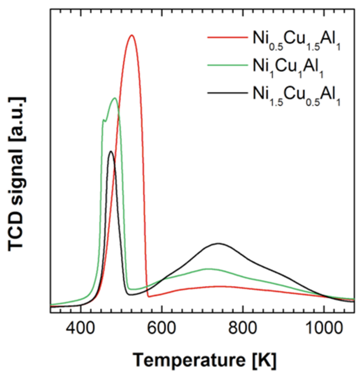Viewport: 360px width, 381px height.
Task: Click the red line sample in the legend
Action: pos(227,37)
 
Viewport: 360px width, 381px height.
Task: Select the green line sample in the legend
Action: pos(227,65)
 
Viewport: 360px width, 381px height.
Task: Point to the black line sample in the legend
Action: pos(227,92)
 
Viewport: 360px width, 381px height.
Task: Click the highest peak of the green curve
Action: pos(115,98)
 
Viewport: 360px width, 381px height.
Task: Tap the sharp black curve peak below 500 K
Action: pos(111,151)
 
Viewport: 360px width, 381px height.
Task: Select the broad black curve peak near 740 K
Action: pos(219,243)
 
